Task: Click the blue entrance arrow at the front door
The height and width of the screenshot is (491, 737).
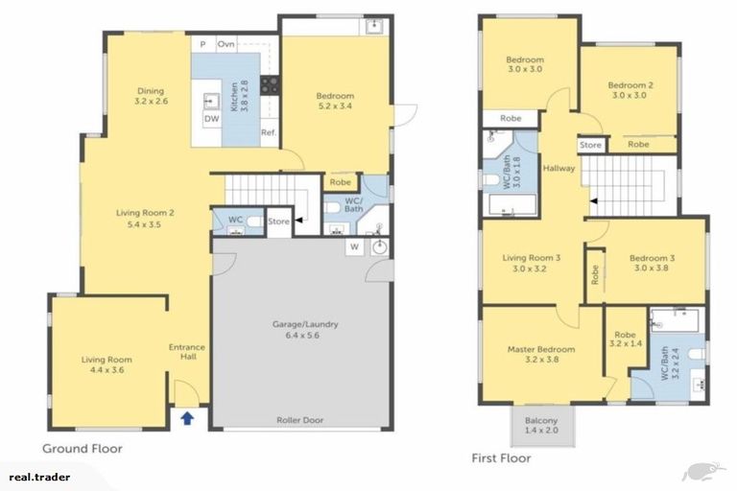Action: tap(187, 417)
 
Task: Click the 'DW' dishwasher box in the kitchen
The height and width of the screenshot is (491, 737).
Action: tap(210, 119)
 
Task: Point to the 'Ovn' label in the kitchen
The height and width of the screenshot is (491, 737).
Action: tap(226, 44)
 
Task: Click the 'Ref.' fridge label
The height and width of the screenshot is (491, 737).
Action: tap(268, 132)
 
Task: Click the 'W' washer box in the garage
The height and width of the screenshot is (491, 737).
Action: tap(354, 247)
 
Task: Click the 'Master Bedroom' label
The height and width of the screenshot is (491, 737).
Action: tap(541, 355)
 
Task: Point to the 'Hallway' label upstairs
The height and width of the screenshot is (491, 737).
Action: tap(558, 168)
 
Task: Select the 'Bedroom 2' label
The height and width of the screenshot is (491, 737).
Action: tap(630, 90)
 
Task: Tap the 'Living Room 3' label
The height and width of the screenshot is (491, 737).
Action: tap(531, 263)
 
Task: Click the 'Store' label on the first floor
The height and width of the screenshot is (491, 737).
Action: tap(590, 145)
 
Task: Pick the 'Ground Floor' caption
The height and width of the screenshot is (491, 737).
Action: tap(82, 449)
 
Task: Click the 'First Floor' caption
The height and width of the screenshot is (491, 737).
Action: tap(501, 458)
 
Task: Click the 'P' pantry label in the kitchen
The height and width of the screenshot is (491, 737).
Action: tap(202, 44)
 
